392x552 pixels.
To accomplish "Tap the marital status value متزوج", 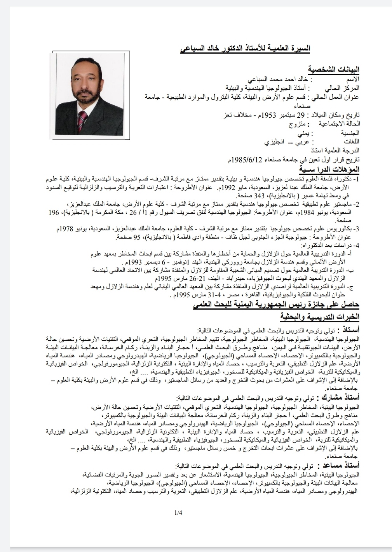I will (x=297, y=124).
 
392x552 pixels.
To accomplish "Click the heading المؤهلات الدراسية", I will (x=329, y=169).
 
